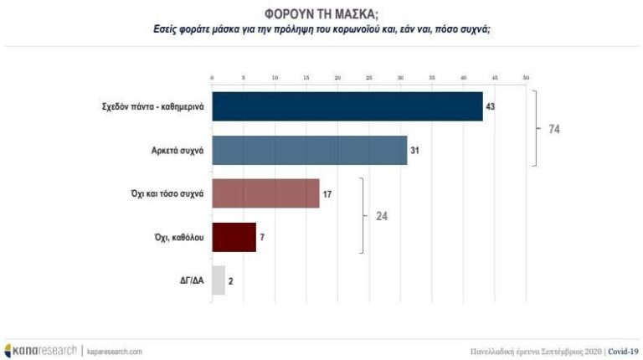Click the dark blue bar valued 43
[347, 106]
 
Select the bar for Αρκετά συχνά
[310, 150]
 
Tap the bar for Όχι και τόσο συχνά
[265, 193]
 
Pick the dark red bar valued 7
[234, 237]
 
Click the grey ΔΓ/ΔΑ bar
[219, 280]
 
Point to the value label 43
[492, 107]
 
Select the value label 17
[328, 194]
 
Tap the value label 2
[230, 281]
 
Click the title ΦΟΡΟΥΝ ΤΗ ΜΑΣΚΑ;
[321, 13]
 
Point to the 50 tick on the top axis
[526, 78]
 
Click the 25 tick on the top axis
[369, 78]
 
